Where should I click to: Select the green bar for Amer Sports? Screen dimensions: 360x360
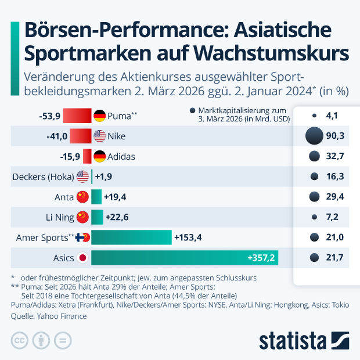point(131,237)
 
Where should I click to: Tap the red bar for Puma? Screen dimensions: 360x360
point(77,116)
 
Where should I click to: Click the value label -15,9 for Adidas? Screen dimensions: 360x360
point(70,156)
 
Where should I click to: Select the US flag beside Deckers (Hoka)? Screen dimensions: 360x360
point(82,177)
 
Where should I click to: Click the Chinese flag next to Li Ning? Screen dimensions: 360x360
point(82,217)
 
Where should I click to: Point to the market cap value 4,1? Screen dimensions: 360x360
point(332,116)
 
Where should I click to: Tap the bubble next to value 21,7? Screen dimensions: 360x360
point(314,257)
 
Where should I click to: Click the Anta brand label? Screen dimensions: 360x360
point(64,197)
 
